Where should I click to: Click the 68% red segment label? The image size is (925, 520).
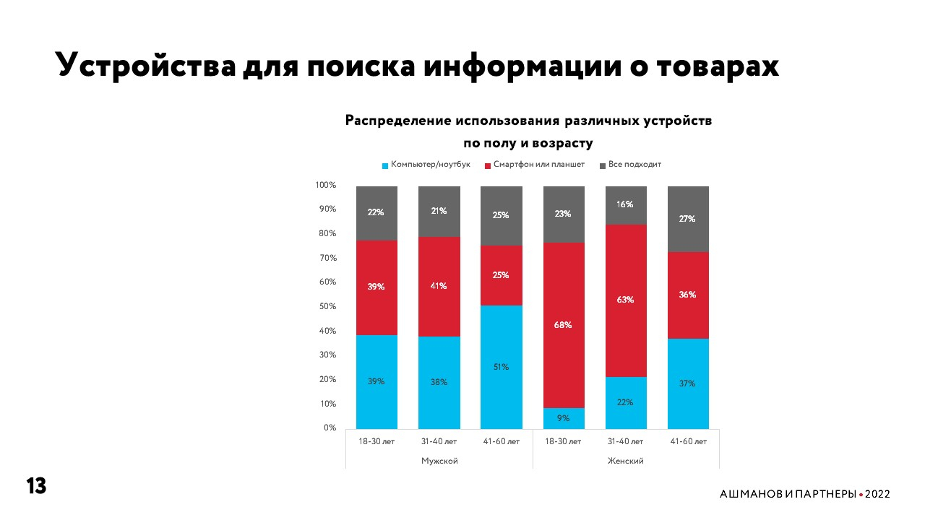(x=563, y=325)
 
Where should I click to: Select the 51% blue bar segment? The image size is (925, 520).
(x=502, y=367)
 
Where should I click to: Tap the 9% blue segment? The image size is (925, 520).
(x=563, y=417)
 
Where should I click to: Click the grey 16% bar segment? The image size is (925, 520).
(x=625, y=205)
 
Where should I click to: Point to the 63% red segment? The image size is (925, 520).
(x=625, y=299)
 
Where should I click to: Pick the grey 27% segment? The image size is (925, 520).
(x=687, y=219)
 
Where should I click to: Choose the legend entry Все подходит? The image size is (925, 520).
(x=634, y=165)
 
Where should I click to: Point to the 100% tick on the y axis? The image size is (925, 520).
(x=326, y=185)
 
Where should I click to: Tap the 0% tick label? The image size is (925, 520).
(x=329, y=428)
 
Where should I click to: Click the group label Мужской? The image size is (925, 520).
(x=439, y=461)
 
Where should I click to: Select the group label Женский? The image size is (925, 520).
(x=625, y=461)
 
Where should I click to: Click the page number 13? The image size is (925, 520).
(x=36, y=486)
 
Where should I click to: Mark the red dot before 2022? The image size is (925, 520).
(x=861, y=495)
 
